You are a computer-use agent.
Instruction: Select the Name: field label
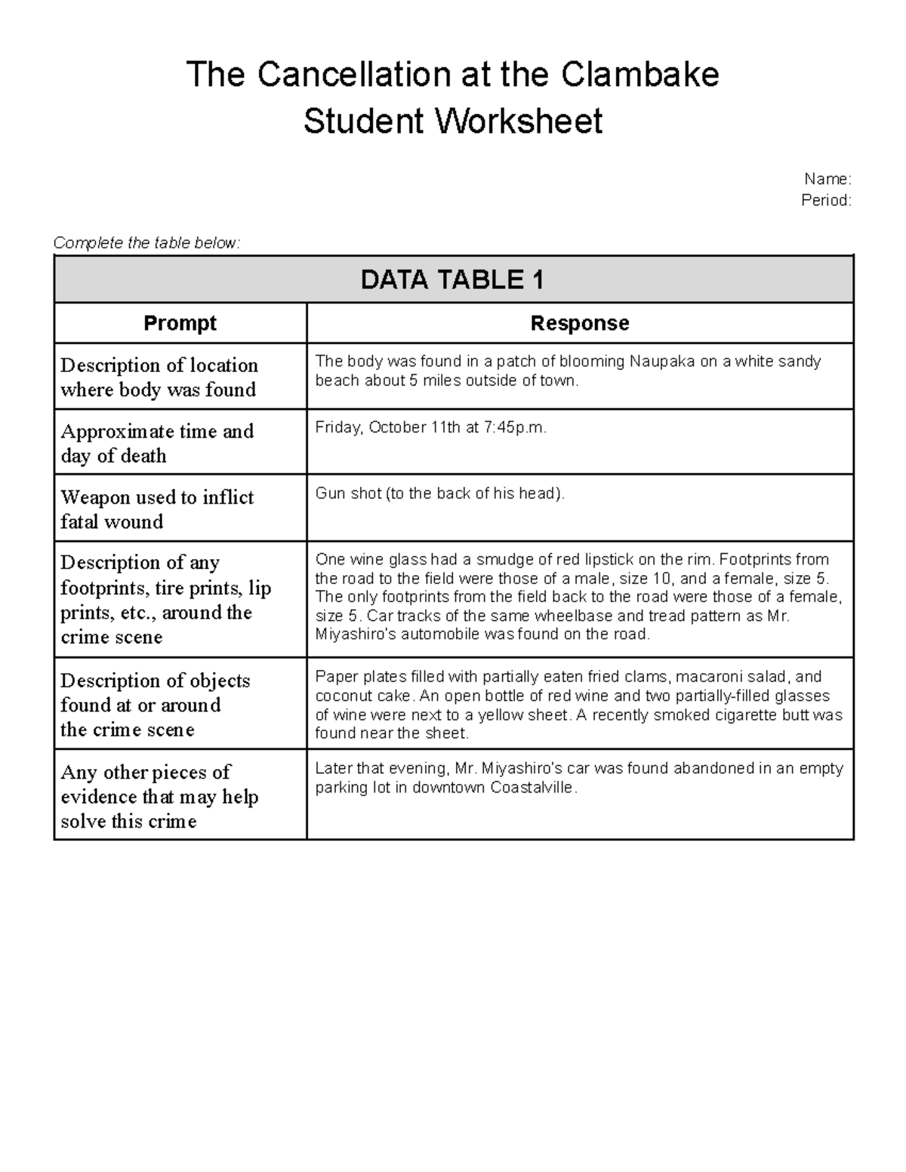pyautogui.click(x=827, y=179)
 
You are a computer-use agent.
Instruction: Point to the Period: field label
pyautogui.click(x=825, y=200)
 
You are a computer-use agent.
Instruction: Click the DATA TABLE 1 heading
pyautogui.click(x=452, y=280)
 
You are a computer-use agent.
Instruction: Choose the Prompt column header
pyautogui.click(x=180, y=323)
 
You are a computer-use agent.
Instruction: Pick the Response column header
pyautogui.click(x=579, y=323)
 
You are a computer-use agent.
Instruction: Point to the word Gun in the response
pyautogui.click(x=329, y=494)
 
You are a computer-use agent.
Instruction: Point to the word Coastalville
pyautogui.click(x=532, y=788)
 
